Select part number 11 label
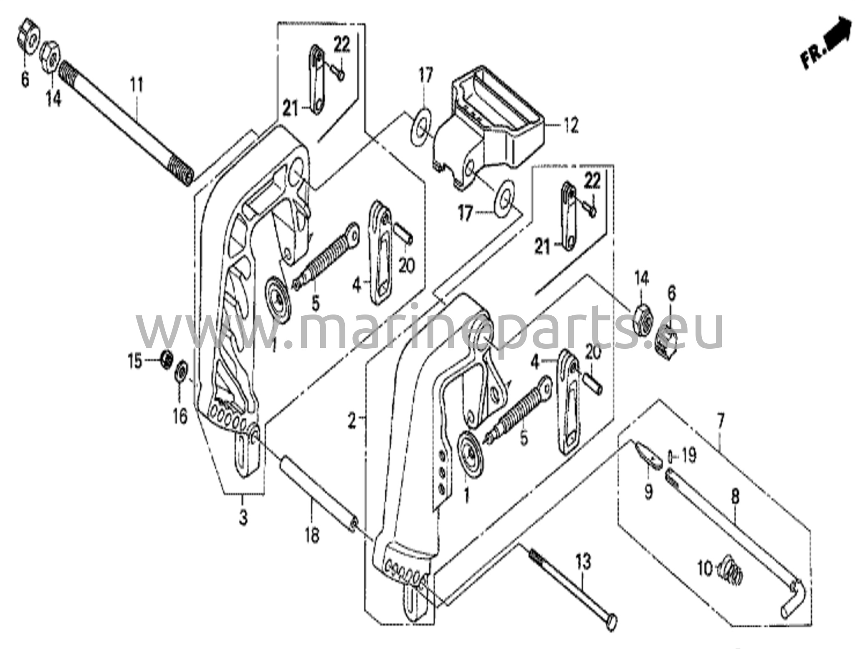[137, 85]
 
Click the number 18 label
[312, 535]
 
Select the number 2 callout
[352, 422]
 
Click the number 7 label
[721, 421]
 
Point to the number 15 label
[135, 362]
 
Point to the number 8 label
[735, 497]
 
